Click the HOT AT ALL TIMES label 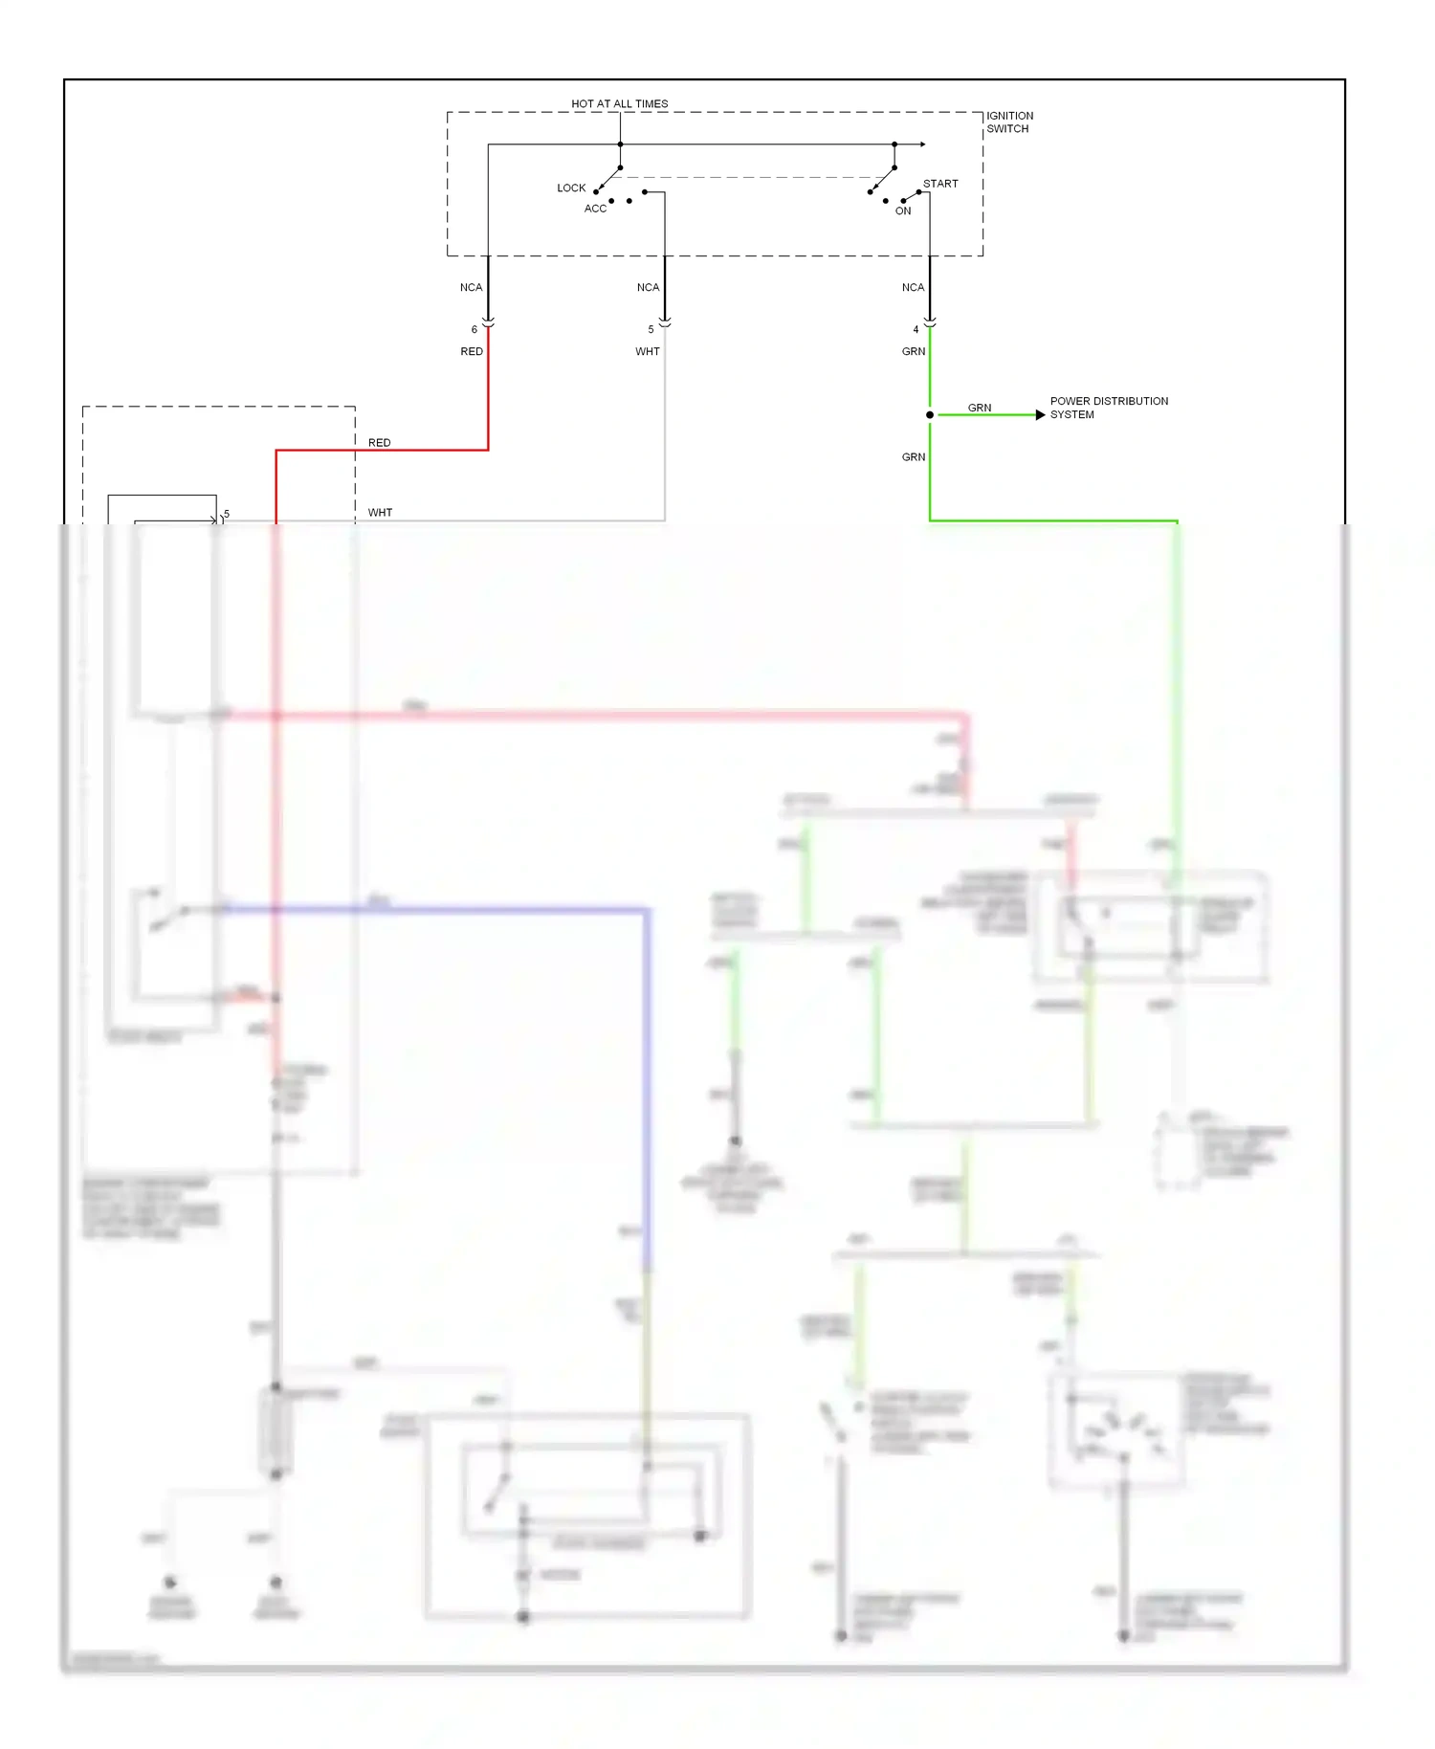[x=619, y=103]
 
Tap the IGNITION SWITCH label [x=1009, y=122]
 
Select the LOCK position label [x=571, y=188]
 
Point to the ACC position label [x=595, y=209]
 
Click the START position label [x=939, y=184]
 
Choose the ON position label [x=902, y=210]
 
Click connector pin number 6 [x=474, y=329]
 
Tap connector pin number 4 [x=916, y=329]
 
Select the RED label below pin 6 [x=472, y=351]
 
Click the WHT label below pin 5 [x=647, y=351]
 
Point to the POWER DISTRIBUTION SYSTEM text [x=1108, y=408]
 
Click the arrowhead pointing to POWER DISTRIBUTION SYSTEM [x=1040, y=414]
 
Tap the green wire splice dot [x=929, y=414]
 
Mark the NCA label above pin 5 [x=648, y=287]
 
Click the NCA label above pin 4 [x=913, y=287]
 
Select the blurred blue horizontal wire [x=430, y=909]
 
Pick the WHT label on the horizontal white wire [x=380, y=512]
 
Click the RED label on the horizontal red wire [x=379, y=442]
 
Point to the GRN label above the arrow [x=979, y=408]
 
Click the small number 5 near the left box [x=227, y=514]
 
